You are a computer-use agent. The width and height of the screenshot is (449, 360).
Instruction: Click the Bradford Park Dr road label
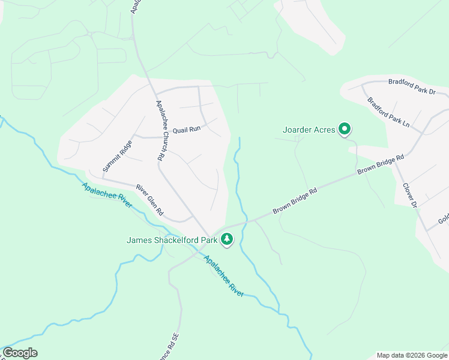[412, 86]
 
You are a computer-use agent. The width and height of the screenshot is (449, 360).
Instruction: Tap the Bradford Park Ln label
[388, 112]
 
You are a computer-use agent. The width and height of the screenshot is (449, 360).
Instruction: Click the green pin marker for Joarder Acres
[345, 129]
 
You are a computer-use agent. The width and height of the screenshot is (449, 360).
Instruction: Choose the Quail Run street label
[186, 129]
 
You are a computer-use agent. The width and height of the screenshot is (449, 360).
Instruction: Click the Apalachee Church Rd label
[160, 130]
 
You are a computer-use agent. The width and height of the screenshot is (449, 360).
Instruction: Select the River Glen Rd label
[149, 200]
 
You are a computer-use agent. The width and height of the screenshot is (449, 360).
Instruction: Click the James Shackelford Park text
[171, 240]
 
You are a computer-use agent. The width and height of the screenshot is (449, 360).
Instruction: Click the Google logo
[20, 353]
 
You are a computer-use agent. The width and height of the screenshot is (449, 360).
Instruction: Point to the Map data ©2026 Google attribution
[412, 355]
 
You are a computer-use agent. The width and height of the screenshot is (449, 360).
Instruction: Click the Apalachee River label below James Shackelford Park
[223, 276]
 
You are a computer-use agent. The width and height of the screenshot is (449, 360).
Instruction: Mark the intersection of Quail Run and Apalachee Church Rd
[161, 137]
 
